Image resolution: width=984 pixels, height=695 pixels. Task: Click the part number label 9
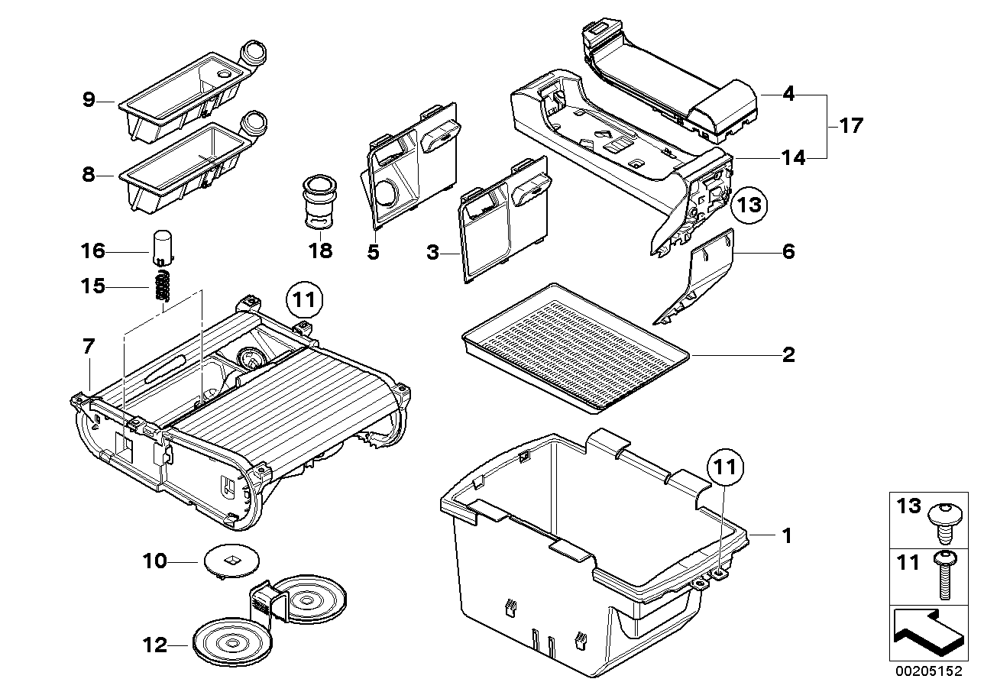tap(89, 100)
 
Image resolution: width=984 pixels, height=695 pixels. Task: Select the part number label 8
tap(89, 175)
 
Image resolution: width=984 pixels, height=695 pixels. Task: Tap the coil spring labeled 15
tap(161, 286)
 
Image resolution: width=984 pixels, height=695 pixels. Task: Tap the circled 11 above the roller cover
tap(305, 299)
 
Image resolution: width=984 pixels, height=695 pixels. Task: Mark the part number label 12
tap(155, 645)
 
